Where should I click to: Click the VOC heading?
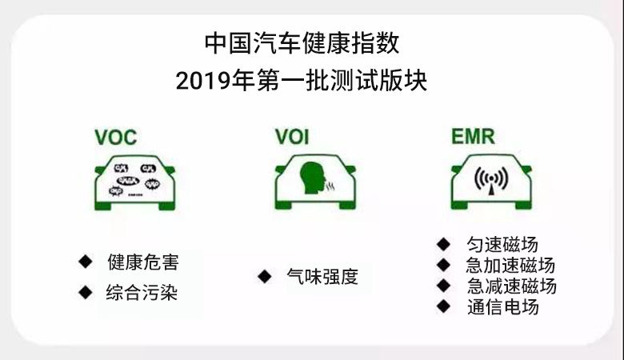[116, 136]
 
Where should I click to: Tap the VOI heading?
[292, 136]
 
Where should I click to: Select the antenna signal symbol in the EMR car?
[489, 179]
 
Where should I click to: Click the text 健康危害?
[142, 262]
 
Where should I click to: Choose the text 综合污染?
[142, 293]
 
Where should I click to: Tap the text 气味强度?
[322, 278]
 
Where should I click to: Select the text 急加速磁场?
[510, 266]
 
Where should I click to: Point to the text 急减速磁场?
[510, 286]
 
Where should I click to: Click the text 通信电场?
[502, 307]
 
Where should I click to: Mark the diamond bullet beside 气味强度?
[263, 277]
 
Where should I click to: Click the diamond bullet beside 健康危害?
[85, 262]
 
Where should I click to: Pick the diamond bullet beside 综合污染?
[85, 292]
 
